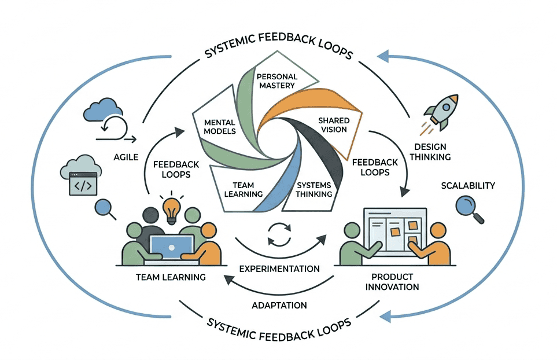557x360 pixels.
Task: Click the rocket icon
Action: coord(441,113)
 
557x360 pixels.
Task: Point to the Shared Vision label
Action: coord(333,124)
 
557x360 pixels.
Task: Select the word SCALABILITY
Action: coord(468,185)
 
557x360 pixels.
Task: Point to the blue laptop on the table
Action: coord(172,246)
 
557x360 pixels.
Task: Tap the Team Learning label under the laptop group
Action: coord(171,277)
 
